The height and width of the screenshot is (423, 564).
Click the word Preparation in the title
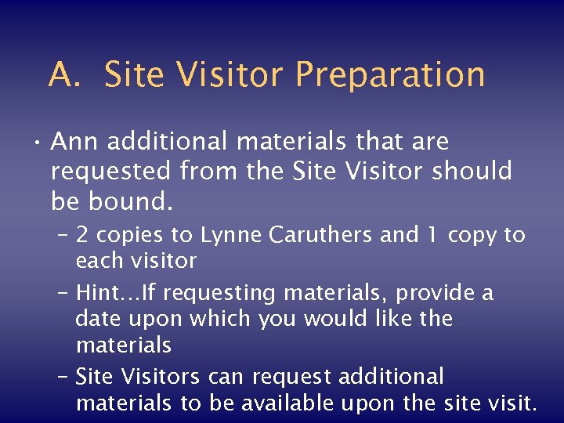(390, 75)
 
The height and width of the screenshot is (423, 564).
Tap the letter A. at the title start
(63, 75)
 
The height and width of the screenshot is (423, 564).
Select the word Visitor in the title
(231, 75)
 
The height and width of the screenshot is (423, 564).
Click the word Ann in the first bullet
(74, 142)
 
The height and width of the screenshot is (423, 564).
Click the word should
(472, 171)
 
